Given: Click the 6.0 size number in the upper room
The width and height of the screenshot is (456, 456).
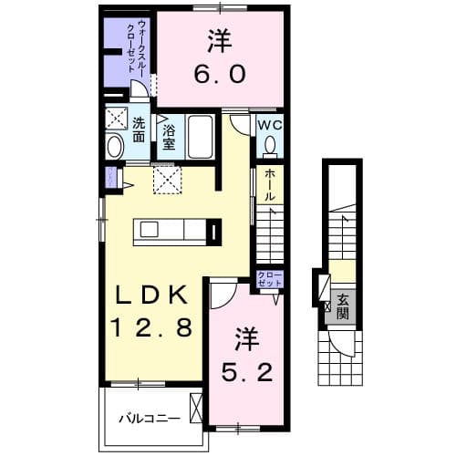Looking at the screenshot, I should [x=220, y=73].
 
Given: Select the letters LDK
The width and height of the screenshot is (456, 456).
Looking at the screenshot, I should [x=151, y=296].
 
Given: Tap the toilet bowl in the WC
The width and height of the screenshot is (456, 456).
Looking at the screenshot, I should [x=269, y=146].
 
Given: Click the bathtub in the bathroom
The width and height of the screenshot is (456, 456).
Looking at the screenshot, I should [x=201, y=137].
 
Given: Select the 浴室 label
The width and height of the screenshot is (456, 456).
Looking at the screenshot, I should [x=169, y=137].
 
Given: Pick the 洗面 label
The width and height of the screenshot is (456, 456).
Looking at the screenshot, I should [x=139, y=130].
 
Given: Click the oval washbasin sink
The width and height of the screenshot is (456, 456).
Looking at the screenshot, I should [x=114, y=147].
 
